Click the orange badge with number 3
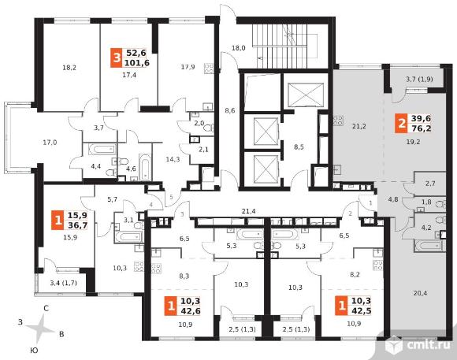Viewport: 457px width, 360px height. point(117,58)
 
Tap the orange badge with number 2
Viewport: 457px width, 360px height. point(401,124)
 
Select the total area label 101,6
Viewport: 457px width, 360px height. point(136,63)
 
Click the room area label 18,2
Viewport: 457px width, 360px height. point(69,68)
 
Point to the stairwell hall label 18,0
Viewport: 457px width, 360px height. point(239,48)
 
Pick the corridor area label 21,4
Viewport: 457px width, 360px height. point(249,211)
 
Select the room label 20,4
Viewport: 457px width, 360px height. point(420,293)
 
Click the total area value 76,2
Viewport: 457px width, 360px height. point(422,128)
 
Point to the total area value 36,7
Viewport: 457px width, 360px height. point(77,225)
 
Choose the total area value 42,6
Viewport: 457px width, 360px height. point(191,310)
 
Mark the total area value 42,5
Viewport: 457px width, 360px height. point(362,310)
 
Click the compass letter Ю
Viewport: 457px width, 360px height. point(34,351)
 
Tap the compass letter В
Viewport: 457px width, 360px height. point(61,334)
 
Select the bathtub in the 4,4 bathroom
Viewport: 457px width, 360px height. point(100,150)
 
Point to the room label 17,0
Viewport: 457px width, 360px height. point(50,143)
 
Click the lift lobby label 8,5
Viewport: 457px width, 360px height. point(299,147)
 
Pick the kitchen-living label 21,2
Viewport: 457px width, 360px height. point(359,127)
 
